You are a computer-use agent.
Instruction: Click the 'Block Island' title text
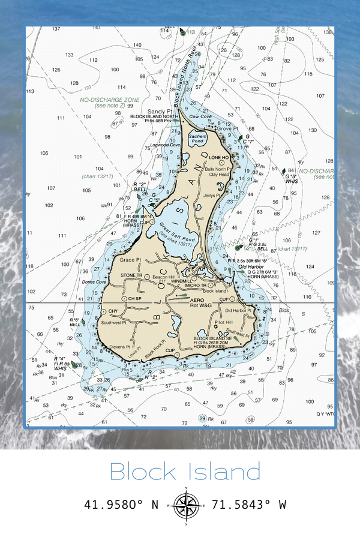click(185, 472)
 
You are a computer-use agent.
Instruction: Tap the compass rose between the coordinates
click(187, 505)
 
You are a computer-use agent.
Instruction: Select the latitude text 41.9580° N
click(122, 505)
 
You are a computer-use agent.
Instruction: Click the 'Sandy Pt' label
click(160, 111)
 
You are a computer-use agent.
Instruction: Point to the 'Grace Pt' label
click(130, 260)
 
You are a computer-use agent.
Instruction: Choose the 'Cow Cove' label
click(200, 116)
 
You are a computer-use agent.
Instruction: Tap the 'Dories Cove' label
click(94, 281)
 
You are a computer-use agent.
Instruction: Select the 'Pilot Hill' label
click(223, 323)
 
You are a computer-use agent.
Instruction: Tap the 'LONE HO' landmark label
click(219, 157)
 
